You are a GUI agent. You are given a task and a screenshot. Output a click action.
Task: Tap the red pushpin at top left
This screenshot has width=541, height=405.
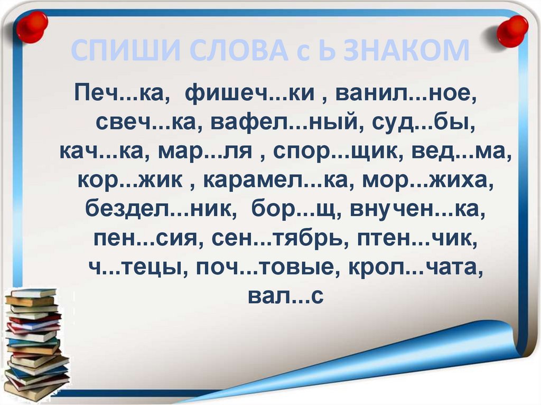tap(31, 26)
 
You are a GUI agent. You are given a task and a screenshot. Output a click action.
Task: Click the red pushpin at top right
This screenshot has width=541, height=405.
tap(512, 30)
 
